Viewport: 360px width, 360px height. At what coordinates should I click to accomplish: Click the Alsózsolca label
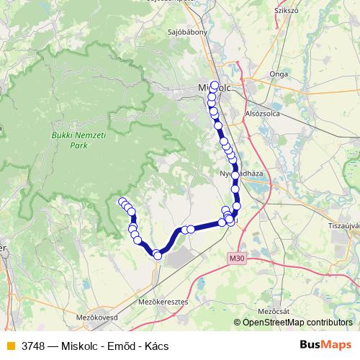pyautogui.click(x=264, y=113)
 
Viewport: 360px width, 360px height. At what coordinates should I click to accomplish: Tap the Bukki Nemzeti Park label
pyautogui.click(x=69, y=140)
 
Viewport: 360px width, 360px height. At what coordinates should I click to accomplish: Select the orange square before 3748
pyautogui.click(x=10, y=346)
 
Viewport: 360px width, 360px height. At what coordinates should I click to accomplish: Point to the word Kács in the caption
pyautogui.click(x=156, y=346)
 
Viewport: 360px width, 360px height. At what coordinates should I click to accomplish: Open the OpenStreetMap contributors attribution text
pyautogui.click(x=297, y=323)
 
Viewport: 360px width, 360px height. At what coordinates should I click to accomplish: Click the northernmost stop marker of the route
pyautogui.click(x=215, y=85)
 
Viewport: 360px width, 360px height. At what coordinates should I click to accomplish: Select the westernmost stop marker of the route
pyautogui.click(x=122, y=202)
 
